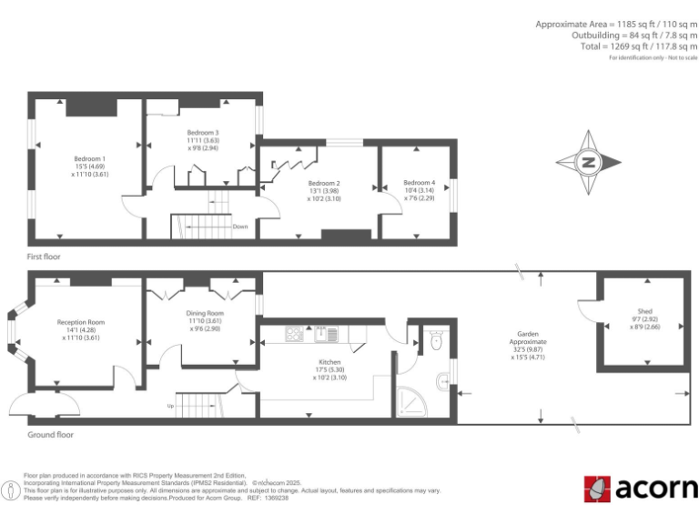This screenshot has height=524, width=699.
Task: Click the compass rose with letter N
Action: (589, 164)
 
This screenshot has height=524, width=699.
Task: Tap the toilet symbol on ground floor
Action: (435, 341)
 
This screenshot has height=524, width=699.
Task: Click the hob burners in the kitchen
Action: (295, 334)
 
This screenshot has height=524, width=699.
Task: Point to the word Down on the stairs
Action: (240, 227)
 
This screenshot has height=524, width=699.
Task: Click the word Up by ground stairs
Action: (169, 406)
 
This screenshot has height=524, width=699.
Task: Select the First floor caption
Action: (43, 257)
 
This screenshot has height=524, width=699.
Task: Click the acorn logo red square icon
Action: (597, 489)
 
